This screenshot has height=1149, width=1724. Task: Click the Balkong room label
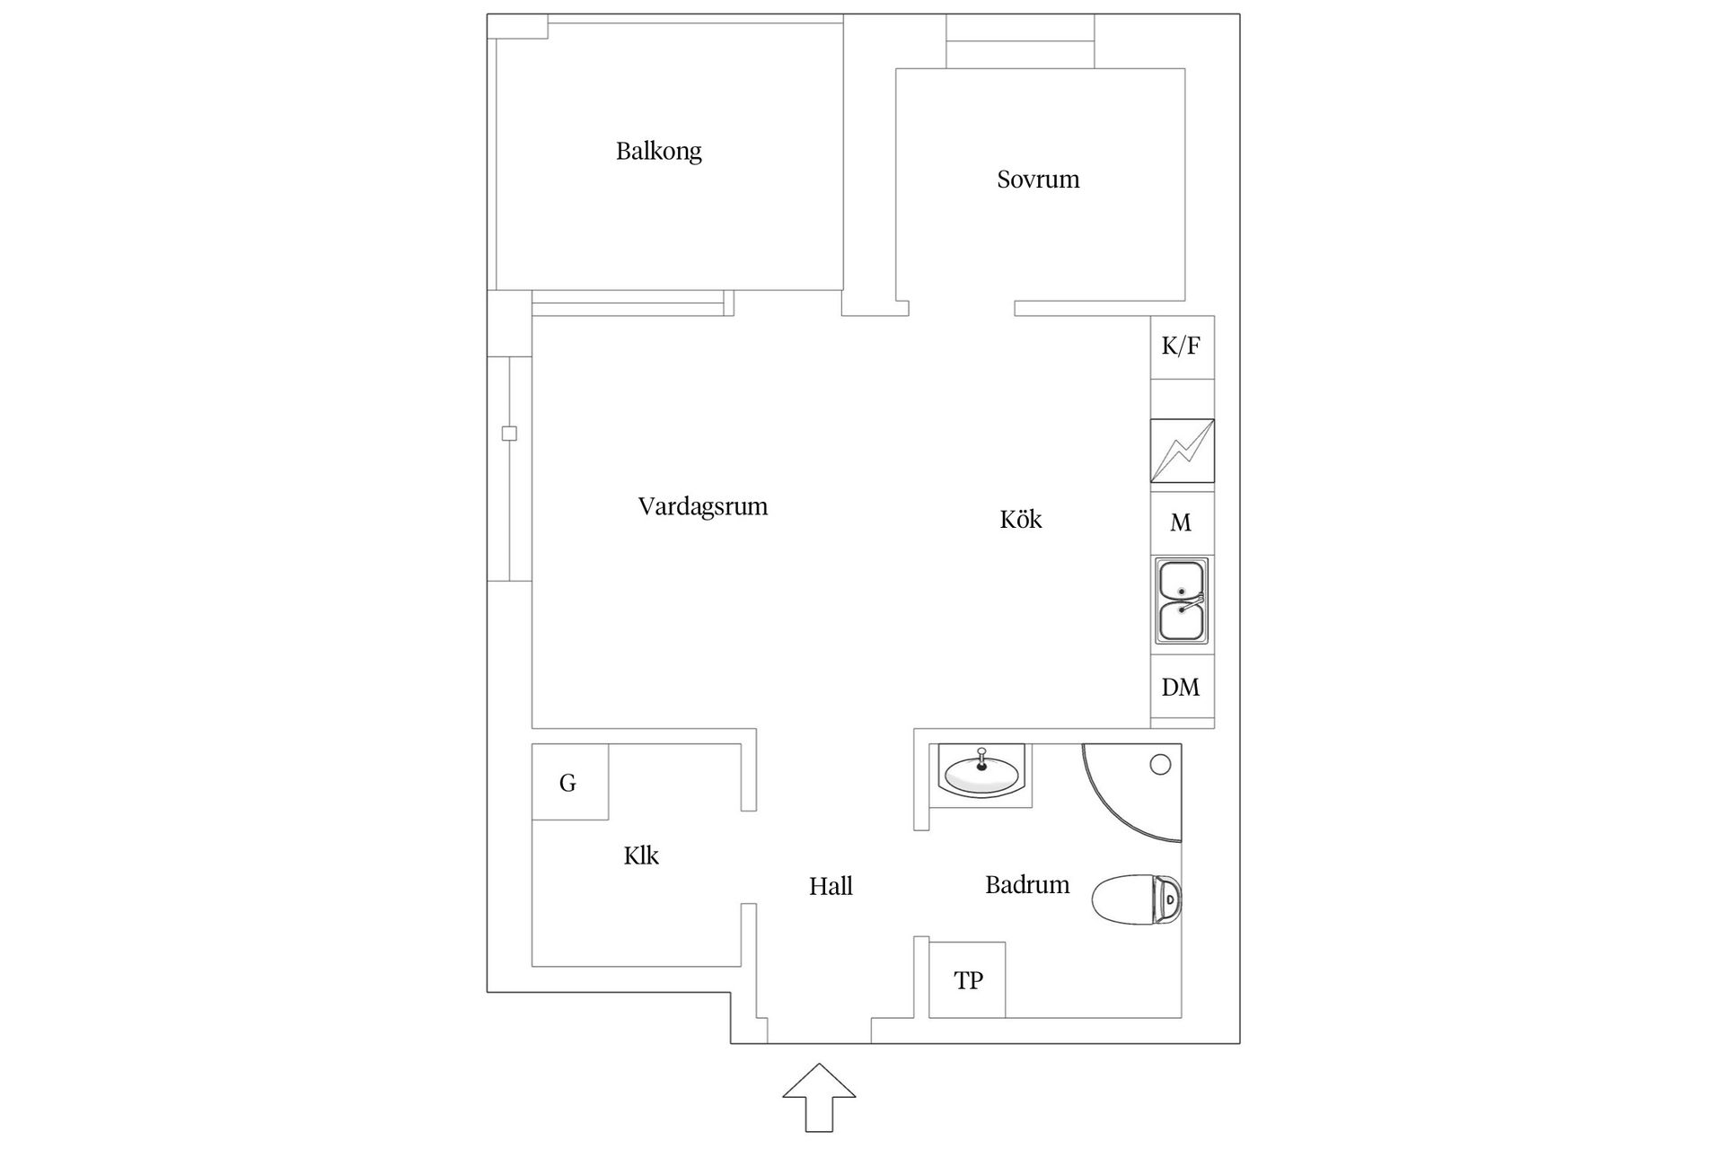[x=658, y=151]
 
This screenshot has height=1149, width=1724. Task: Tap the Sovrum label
[x=1038, y=180]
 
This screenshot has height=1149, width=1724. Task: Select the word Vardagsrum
[x=702, y=506]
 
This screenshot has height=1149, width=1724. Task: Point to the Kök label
[x=1020, y=520]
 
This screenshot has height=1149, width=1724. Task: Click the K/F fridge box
[x=1181, y=346]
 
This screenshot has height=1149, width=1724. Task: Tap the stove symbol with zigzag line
[x=1182, y=451]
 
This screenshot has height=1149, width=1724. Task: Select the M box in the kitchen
[x=1181, y=522]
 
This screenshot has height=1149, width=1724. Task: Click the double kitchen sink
[x=1182, y=601]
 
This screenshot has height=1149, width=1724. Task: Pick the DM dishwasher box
[x=1181, y=688]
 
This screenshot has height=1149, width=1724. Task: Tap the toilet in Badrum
[x=1137, y=899]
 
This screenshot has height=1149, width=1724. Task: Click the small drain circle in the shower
[x=1160, y=765]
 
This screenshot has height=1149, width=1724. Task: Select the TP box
[x=967, y=980]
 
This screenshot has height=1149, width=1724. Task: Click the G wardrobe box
[x=568, y=783]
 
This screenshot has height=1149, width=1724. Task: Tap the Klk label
[x=641, y=855]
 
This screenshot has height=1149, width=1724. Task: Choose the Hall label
[x=831, y=887]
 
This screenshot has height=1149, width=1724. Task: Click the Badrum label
[x=1027, y=885]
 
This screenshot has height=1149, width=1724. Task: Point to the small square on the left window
[x=509, y=434]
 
